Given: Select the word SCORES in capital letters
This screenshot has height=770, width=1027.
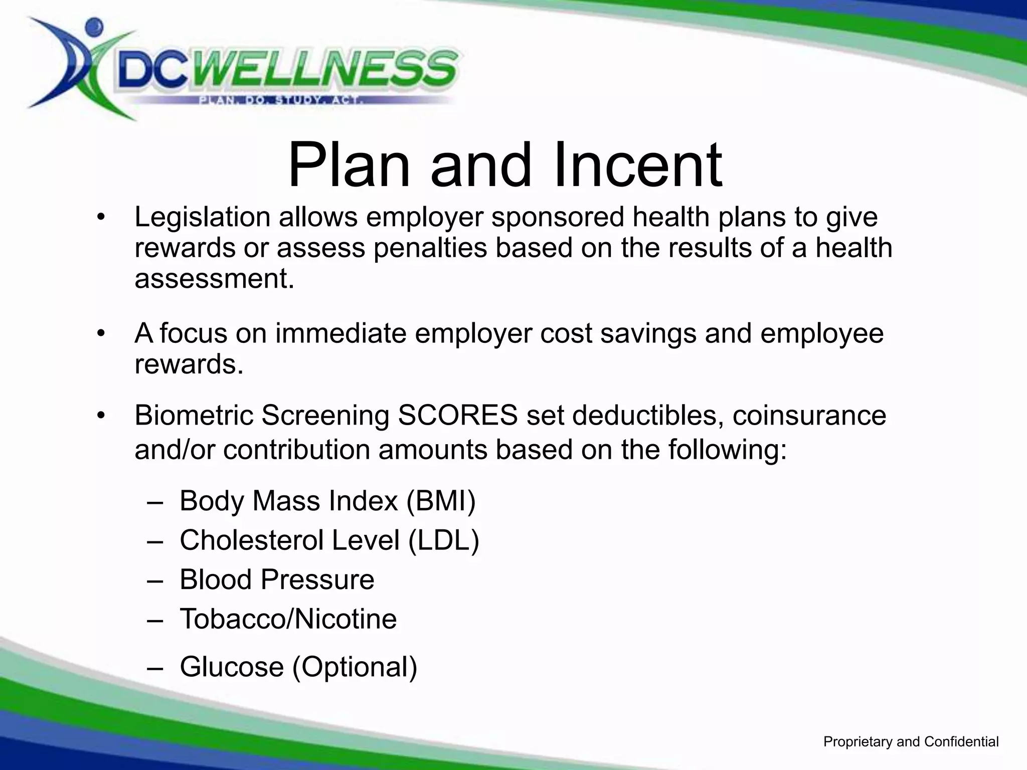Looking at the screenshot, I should click(457, 416).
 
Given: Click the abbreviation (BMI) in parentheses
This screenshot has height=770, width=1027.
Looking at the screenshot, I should click(441, 501).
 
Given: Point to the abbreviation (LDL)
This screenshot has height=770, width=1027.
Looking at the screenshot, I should click(444, 540).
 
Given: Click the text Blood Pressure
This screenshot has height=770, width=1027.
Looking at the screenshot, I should click(277, 580).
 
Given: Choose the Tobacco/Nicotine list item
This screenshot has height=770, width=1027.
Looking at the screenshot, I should click(288, 619).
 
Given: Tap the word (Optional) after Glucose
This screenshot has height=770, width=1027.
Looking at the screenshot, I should click(355, 667).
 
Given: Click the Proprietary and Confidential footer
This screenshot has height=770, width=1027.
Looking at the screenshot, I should click(911, 742).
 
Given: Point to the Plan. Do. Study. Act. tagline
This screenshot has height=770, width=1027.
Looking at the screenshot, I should click(281, 101).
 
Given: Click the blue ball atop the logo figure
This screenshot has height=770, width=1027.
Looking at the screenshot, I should click(94, 26).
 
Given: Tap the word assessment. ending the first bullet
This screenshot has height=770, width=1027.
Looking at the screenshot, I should click(214, 279).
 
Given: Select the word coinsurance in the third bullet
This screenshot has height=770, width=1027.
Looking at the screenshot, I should click(809, 416).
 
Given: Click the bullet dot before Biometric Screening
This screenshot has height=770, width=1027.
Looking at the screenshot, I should click(101, 416).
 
